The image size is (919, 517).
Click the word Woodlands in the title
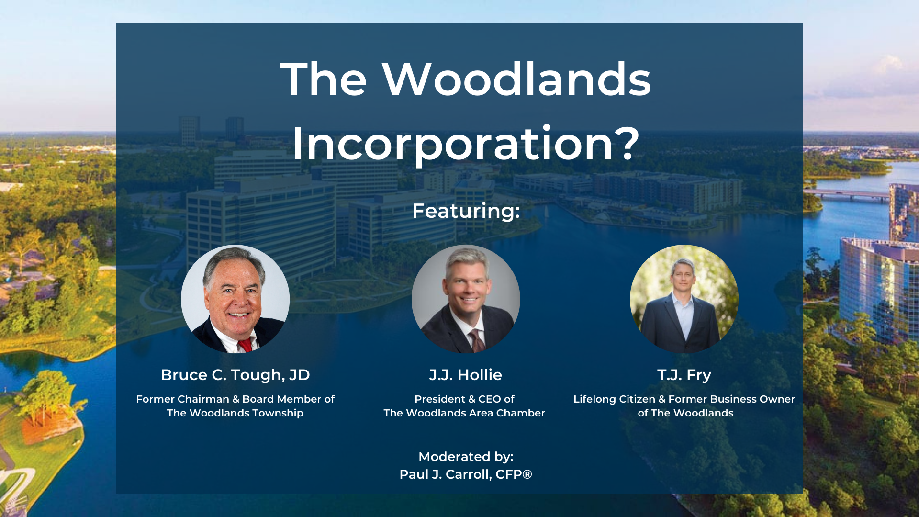(516, 79)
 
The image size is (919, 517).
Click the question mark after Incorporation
(627, 143)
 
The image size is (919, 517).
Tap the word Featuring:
(466, 211)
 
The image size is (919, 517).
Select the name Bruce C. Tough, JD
(235, 375)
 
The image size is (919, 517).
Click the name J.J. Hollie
(465, 375)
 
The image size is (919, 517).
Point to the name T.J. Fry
(684, 375)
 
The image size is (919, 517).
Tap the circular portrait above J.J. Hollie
(466, 299)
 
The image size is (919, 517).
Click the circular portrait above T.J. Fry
(684, 299)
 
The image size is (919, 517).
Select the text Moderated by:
(466, 457)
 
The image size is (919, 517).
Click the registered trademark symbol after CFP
(527, 474)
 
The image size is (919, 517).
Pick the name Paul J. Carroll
(445, 474)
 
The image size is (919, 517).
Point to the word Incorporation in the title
(452, 144)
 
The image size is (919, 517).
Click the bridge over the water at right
(846, 194)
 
